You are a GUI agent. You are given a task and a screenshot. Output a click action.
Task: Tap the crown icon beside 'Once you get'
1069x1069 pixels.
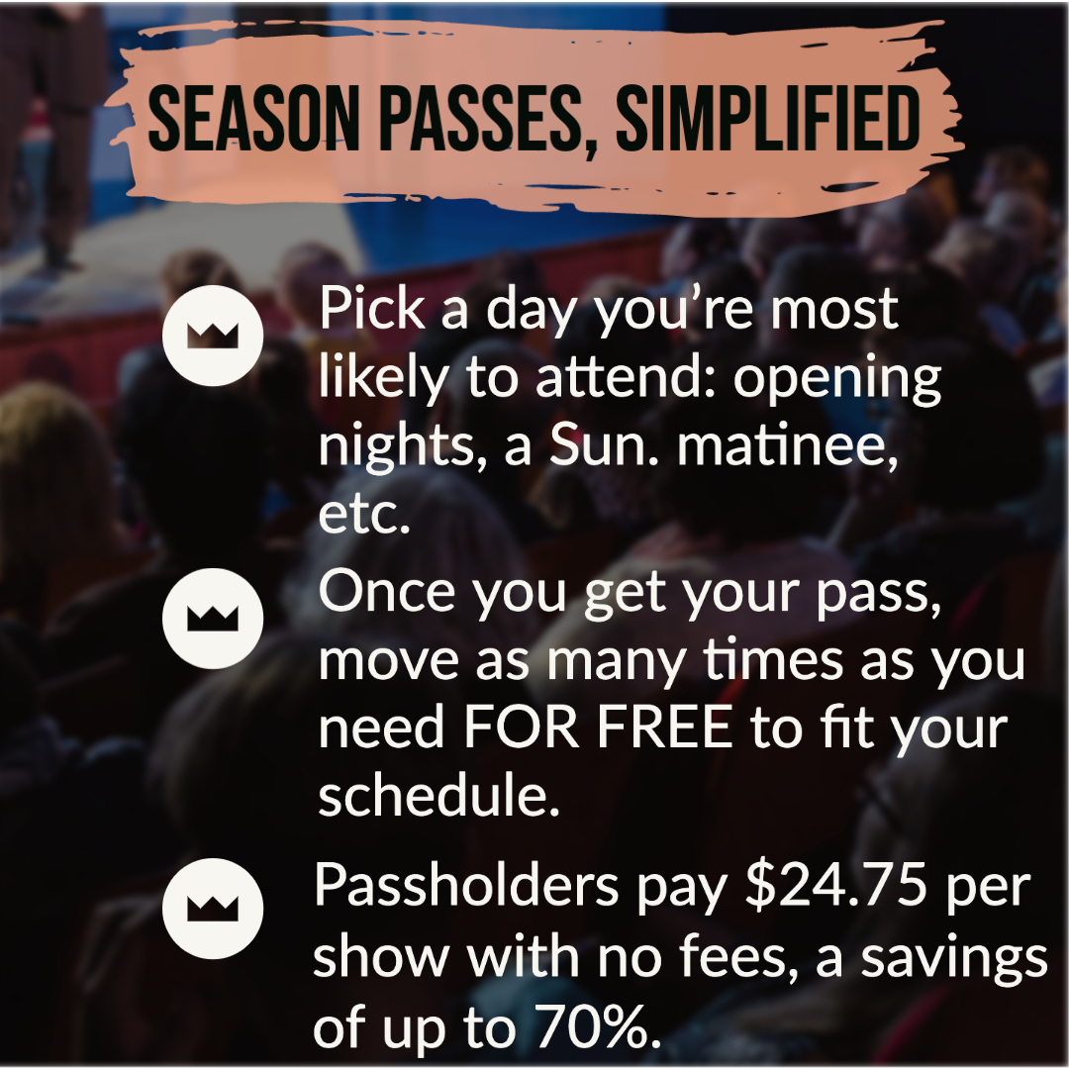click(x=213, y=619)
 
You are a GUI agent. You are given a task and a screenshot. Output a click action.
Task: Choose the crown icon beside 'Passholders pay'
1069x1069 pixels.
click(x=213, y=909)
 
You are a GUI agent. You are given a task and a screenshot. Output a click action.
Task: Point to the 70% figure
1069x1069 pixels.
click(x=600, y=1028)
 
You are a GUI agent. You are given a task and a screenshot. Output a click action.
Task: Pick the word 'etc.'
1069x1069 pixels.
click(x=364, y=517)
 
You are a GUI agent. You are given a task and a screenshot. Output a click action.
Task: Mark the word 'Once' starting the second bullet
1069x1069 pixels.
click(x=387, y=591)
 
